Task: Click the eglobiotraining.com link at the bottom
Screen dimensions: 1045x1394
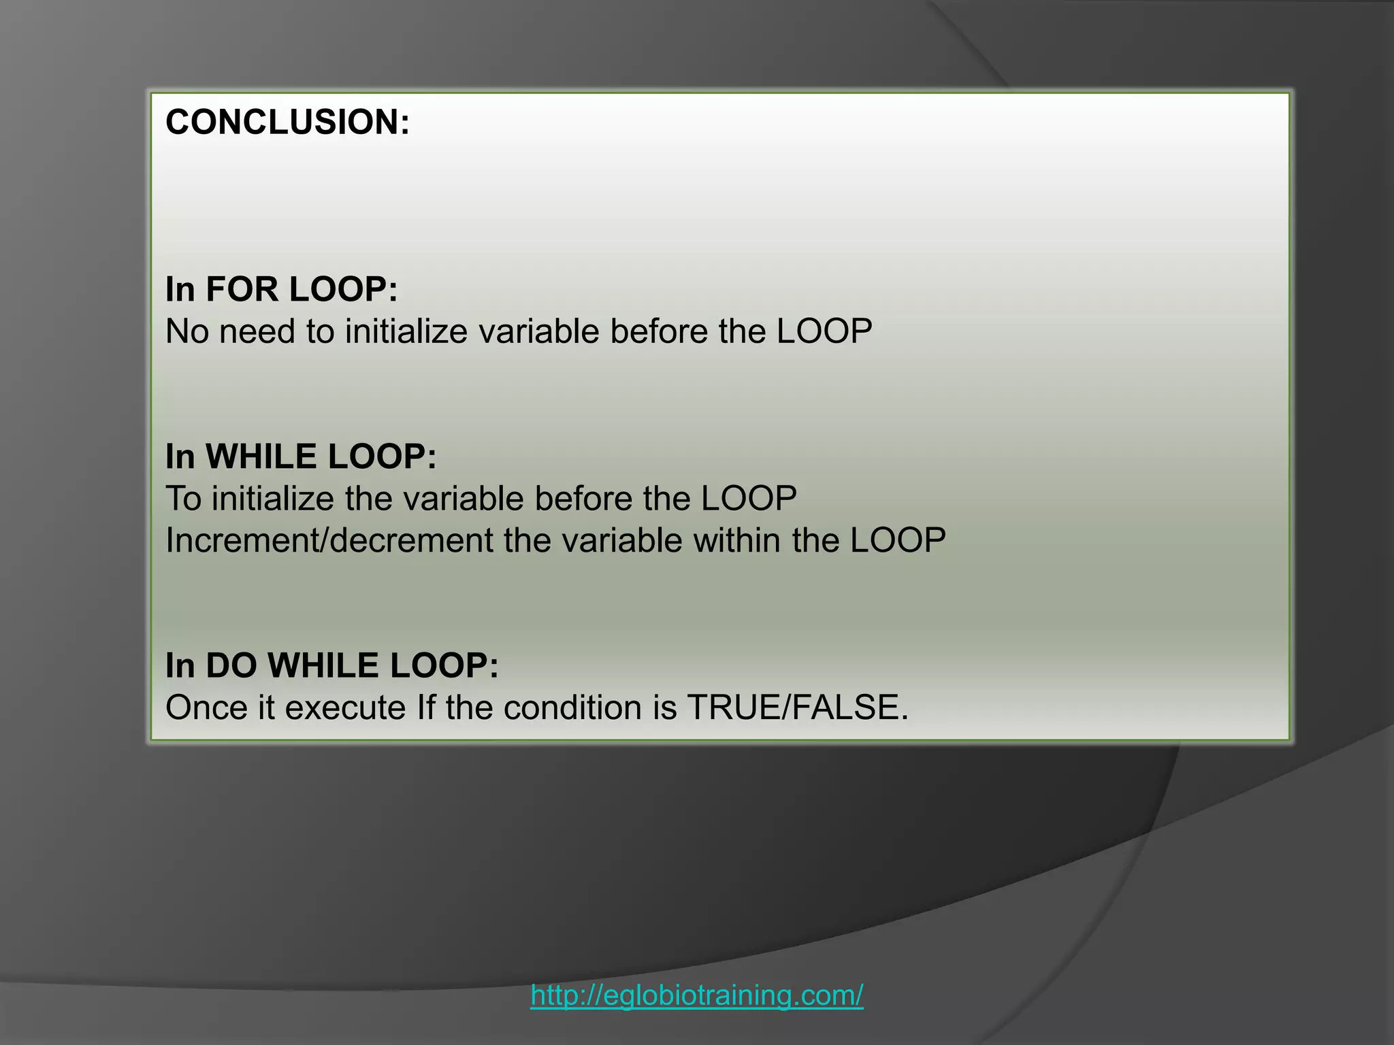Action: (697, 995)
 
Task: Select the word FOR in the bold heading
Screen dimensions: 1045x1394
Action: (242, 289)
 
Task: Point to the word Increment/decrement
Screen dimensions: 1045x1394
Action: (329, 541)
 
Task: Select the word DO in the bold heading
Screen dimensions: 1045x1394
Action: (231, 665)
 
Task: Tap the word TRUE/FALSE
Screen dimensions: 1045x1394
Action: (798, 708)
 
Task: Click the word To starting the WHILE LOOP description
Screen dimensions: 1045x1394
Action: (183, 499)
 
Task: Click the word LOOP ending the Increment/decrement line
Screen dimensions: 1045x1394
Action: (898, 541)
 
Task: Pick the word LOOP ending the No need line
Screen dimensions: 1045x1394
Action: (824, 332)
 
